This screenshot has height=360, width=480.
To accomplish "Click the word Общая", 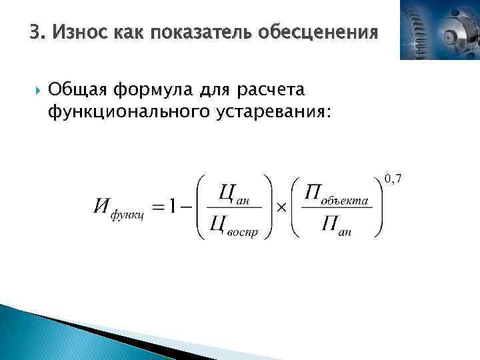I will pos(78,89).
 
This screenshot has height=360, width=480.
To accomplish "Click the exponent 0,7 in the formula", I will pos(393,179).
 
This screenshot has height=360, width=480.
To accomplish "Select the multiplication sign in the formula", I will pos(281,207).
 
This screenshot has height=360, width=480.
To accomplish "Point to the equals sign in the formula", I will pos(157,207).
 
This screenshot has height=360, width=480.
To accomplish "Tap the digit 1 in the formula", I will pos(173,207).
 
